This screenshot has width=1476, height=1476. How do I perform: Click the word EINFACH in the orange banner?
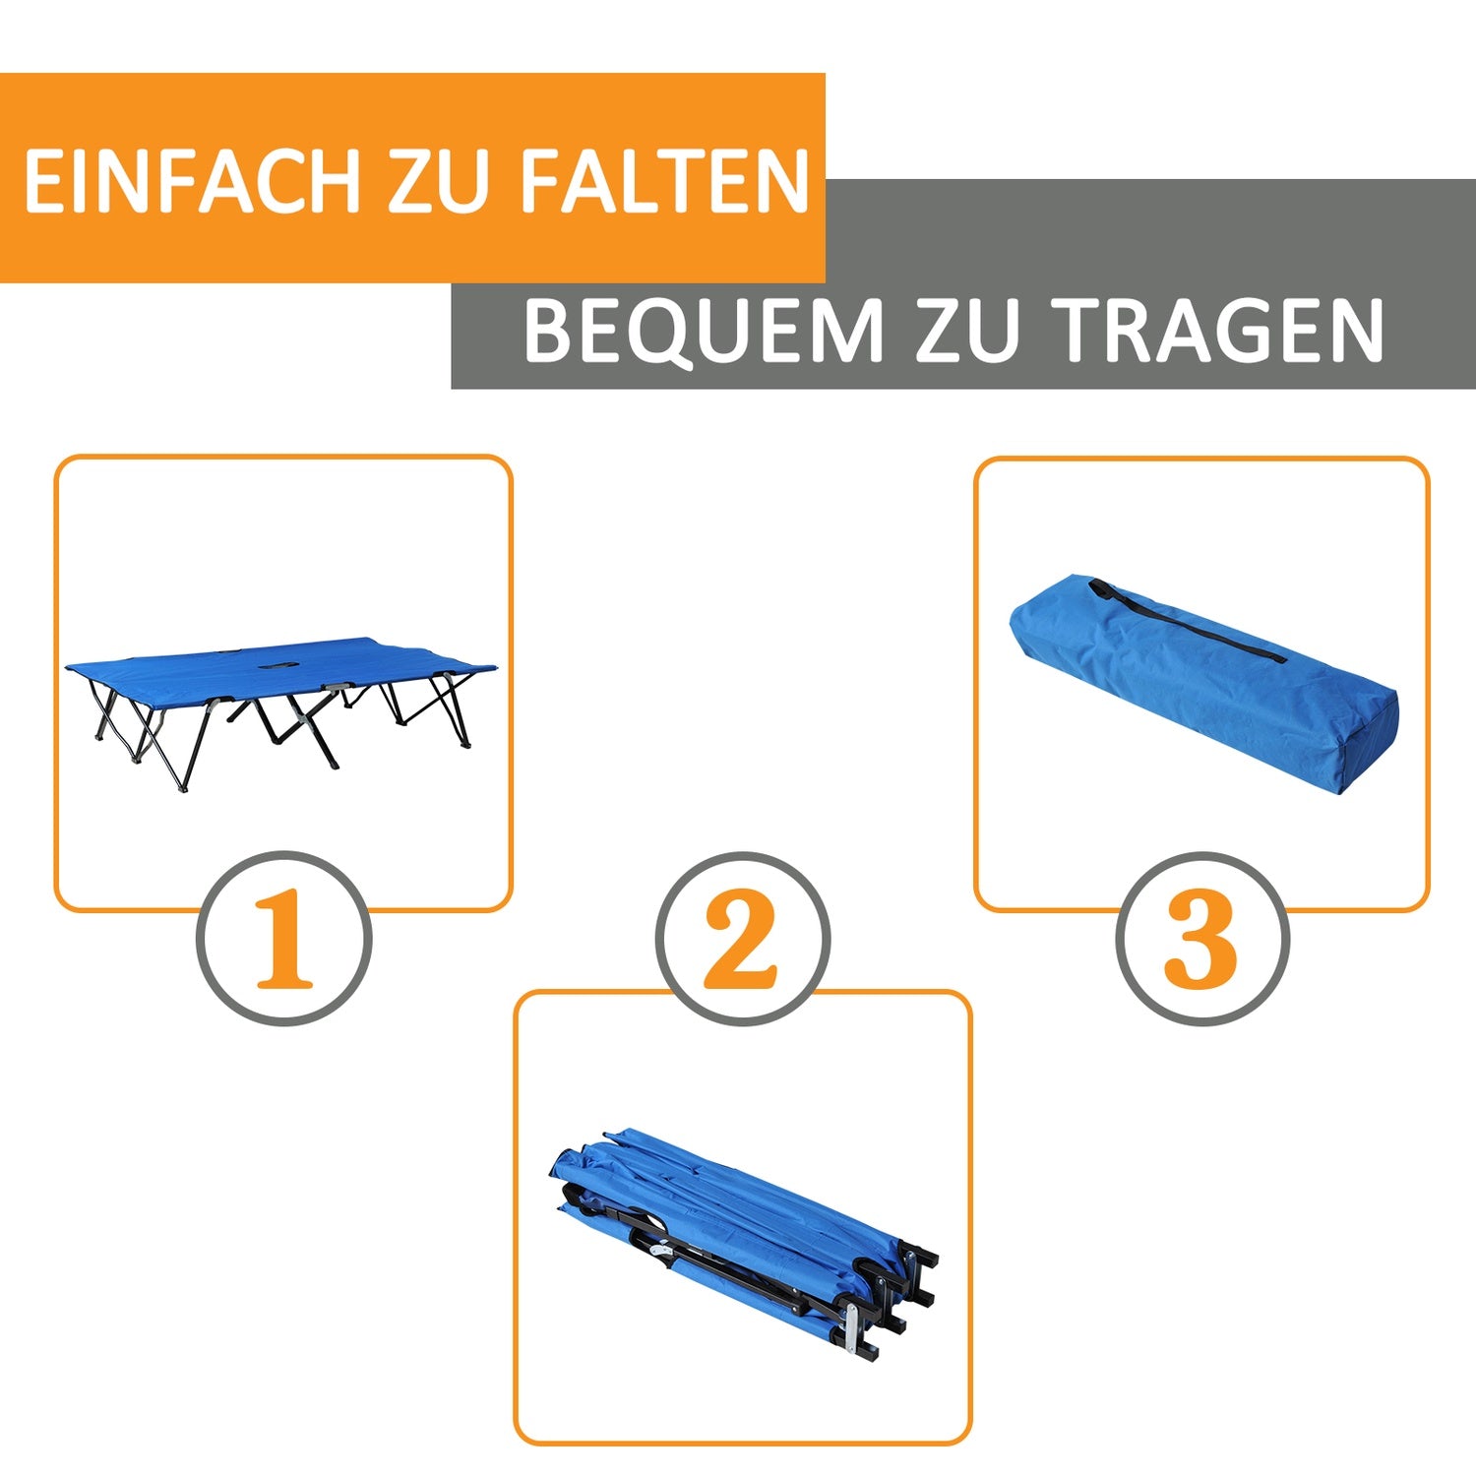pyautogui.click(x=192, y=181)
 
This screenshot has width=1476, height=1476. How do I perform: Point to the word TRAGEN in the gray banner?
pyautogui.click(x=1219, y=331)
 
